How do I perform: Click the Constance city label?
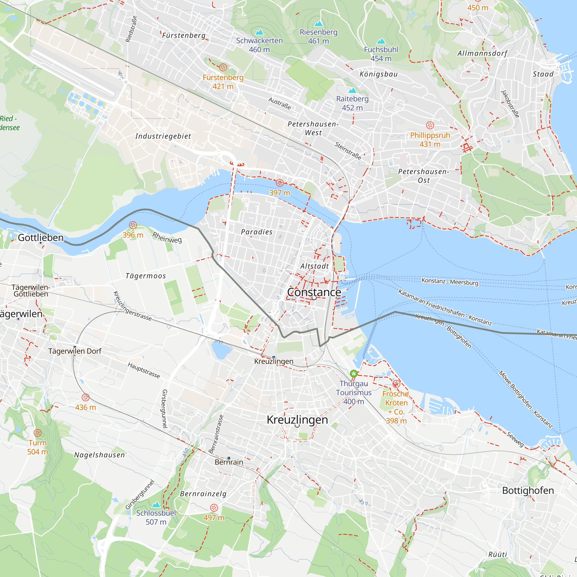314,292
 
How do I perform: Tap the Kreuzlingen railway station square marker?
274,357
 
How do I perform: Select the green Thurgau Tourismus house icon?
354,374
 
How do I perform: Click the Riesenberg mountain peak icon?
319,24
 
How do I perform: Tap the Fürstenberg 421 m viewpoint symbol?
223,68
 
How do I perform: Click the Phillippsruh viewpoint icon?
430,125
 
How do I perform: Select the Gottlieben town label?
41,238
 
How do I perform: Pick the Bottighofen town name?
528,490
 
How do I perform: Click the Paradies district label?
256,232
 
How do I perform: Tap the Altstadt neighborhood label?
314,266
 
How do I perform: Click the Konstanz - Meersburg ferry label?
450,281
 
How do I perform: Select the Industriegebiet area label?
163,136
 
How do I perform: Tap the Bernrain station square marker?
229,458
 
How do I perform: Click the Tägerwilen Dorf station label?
75,351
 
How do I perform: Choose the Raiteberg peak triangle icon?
353,90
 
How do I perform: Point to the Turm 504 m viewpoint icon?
38,433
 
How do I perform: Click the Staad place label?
543,74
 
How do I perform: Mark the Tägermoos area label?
146,276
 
